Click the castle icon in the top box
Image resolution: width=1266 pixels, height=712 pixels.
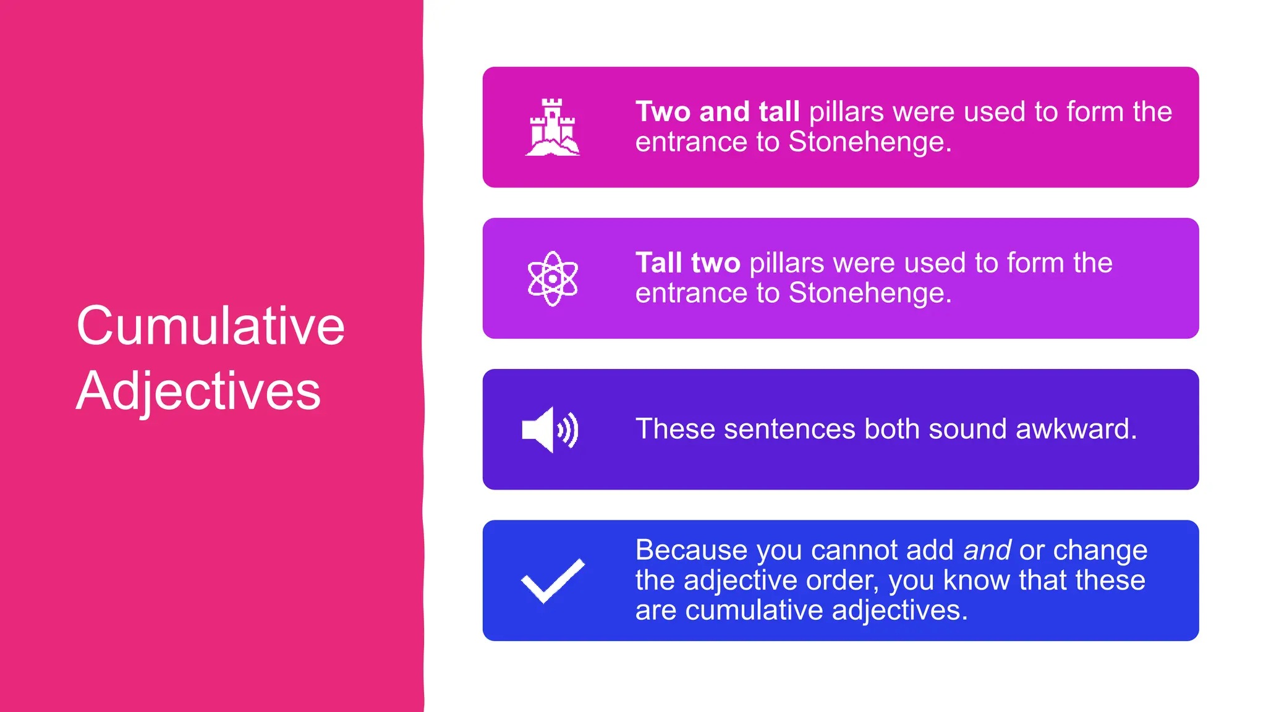tap(552, 127)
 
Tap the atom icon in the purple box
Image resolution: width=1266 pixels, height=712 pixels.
tap(553, 279)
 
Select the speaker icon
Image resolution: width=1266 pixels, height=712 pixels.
tap(550, 430)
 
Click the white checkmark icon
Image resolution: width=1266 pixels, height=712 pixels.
tap(553, 580)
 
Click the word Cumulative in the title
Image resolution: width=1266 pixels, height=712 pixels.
tap(210, 326)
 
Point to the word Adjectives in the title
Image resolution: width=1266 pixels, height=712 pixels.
tap(198, 391)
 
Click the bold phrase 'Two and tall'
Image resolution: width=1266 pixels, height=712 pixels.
tap(718, 112)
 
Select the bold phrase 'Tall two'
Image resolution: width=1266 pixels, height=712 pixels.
tap(687, 263)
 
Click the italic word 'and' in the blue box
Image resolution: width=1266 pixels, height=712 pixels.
tap(987, 550)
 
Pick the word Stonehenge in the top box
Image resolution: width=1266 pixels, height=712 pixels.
tap(870, 142)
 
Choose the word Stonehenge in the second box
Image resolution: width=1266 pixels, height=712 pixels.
tap(870, 293)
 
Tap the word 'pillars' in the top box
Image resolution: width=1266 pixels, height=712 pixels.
tap(846, 112)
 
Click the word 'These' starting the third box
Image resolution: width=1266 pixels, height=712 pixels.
tap(675, 429)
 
